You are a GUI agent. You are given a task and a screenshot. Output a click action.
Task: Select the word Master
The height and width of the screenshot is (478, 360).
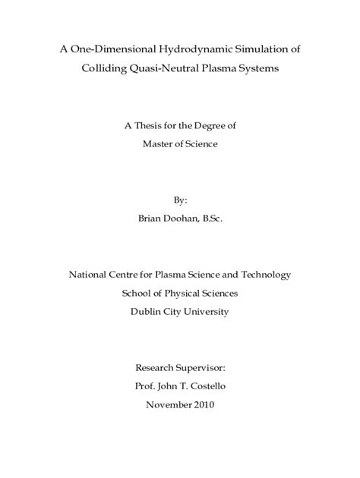(159, 144)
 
